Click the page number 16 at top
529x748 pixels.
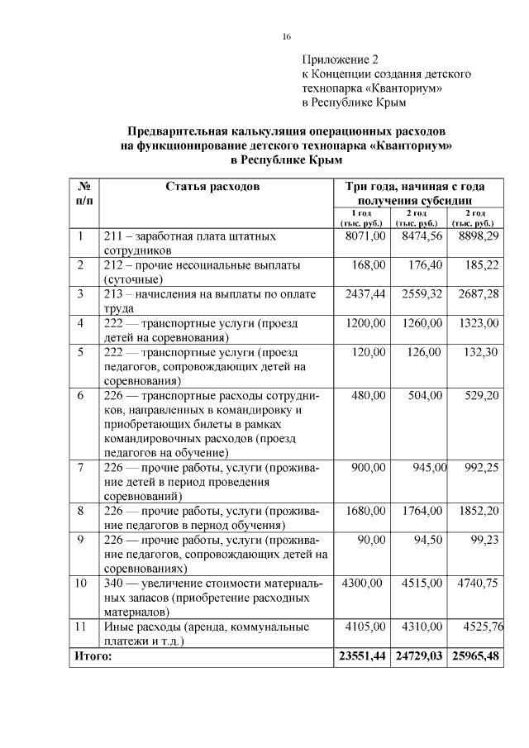coord(287,36)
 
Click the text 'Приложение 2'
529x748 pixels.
coord(339,60)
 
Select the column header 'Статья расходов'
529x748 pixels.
coord(212,187)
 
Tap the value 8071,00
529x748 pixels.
coord(365,236)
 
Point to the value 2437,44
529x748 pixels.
coord(365,294)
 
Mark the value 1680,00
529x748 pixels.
coord(365,511)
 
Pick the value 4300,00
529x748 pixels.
coord(362,584)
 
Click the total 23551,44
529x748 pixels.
coord(362,656)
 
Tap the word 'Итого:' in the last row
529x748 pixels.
coord(93,656)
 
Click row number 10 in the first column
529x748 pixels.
coord(81,584)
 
